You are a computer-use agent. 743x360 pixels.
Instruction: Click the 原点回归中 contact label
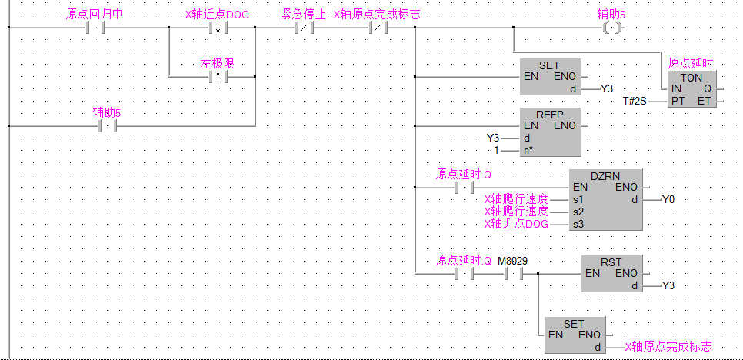(x=95, y=15)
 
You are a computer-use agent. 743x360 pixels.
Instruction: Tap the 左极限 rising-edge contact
(x=217, y=78)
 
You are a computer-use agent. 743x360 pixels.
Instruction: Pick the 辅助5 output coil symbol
(x=611, y=28)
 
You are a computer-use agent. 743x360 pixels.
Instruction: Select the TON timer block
(x=692, y=89)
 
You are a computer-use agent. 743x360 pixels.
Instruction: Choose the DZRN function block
(x=607, y=199)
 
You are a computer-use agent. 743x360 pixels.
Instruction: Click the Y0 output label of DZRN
(x=669, y=200)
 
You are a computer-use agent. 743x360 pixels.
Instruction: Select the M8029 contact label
(x=513, y=260)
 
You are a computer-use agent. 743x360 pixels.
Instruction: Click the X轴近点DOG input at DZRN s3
(x=516, y=224)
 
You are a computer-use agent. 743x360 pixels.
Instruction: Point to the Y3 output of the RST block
(x=669, y=286)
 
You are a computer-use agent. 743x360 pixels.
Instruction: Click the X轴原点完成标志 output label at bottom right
(x=668, y=348)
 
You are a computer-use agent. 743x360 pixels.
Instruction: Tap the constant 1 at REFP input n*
(x=497, y=150)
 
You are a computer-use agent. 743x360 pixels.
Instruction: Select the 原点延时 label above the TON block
(x=691, y=63)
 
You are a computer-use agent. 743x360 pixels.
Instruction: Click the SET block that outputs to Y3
(x=551, y=77)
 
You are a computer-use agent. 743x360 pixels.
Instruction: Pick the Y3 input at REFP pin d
(x=494, y=138)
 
